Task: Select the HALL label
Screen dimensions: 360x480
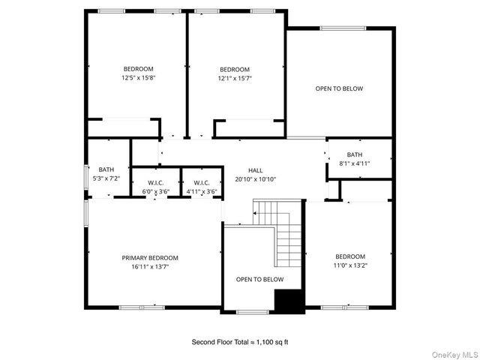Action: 256,171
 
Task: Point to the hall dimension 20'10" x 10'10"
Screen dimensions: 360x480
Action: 256,179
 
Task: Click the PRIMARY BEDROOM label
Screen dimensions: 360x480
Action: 150,257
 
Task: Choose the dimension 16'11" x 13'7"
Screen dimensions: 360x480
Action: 150,265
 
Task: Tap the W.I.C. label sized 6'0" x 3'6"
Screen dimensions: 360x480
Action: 156,183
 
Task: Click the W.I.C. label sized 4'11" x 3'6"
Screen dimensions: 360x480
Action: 201,183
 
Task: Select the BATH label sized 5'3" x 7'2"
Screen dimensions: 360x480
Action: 106,169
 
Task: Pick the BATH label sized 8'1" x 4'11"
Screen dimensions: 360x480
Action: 355,154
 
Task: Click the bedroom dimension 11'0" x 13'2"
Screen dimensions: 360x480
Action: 350,265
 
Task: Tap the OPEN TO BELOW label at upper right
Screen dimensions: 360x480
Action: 339,88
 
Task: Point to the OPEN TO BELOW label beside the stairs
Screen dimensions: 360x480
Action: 259,280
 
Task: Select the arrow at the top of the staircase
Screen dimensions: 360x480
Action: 256,214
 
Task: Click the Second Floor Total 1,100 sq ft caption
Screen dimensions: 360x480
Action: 240,342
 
